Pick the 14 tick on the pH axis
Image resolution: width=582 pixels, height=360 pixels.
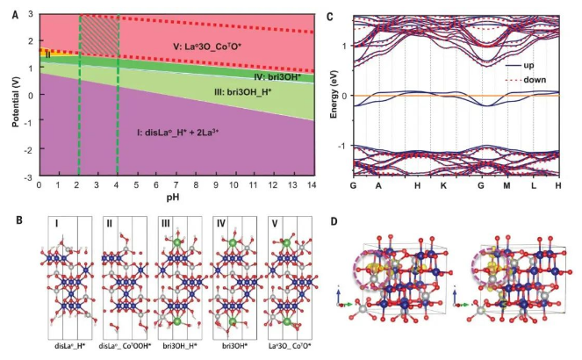(313, 187)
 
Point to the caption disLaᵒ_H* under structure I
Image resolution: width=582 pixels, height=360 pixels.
(64, 347)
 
